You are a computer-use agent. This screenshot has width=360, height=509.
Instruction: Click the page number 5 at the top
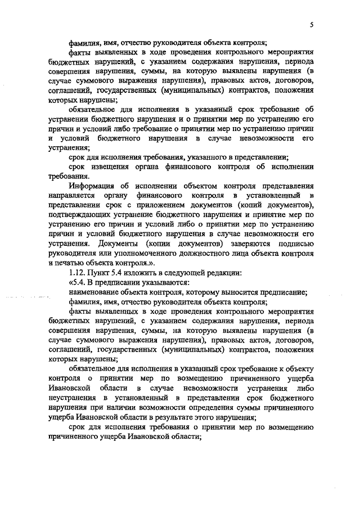click(x=311, y=25)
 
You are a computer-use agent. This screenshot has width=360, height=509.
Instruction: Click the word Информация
click(x=91, y=185)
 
